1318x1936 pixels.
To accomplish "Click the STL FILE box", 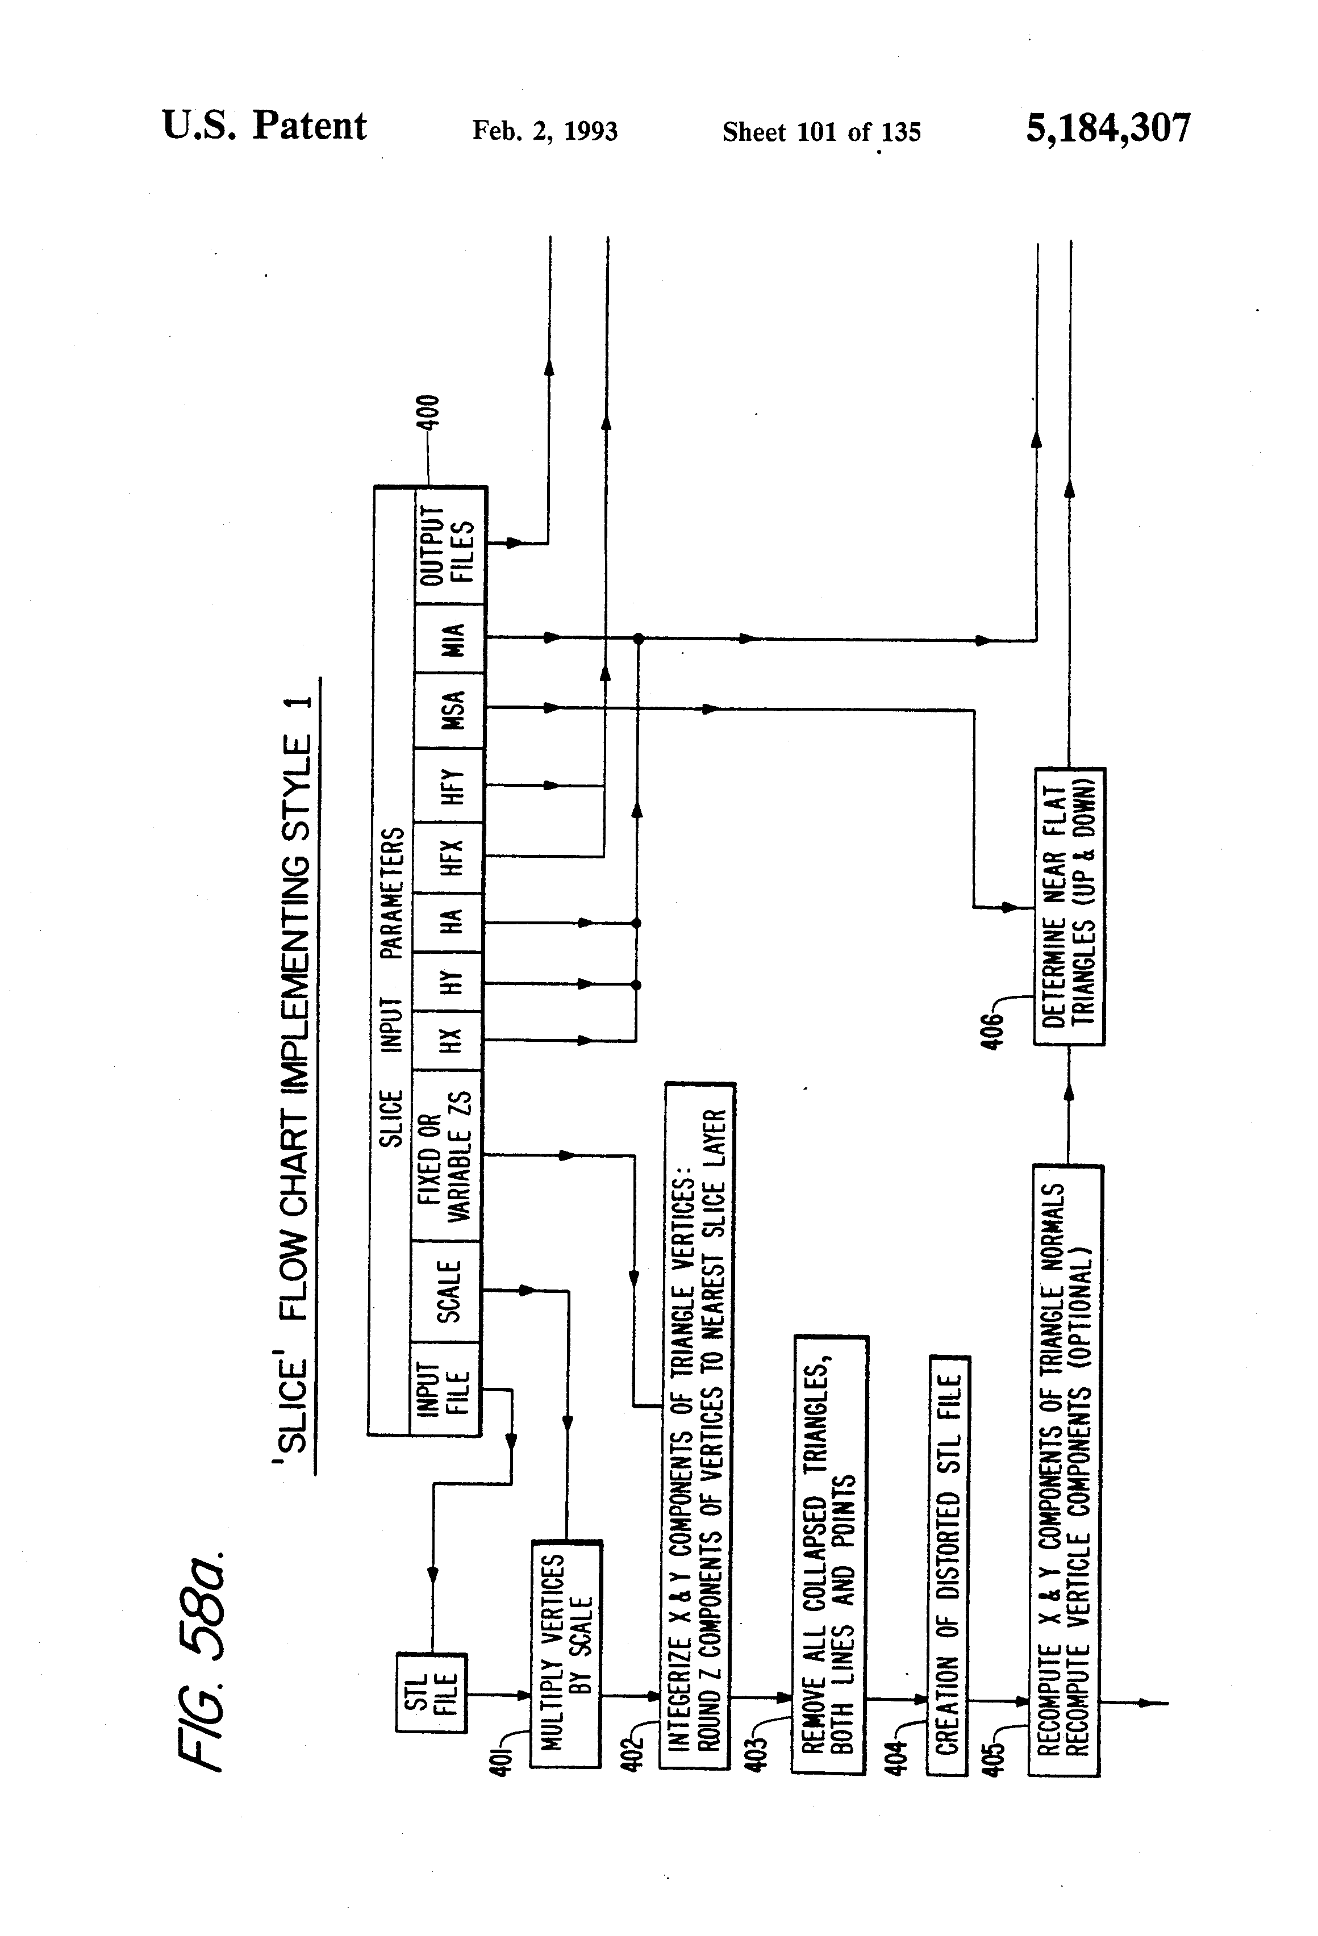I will click(x=431, y=1693).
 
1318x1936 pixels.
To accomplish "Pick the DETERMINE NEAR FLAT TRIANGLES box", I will click(x=1069, y=906).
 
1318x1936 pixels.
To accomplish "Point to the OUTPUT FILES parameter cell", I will click(x=449, y=545).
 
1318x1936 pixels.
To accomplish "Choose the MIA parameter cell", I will click(x=449, y=639).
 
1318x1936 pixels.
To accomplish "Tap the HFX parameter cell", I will click(x=449, y=856).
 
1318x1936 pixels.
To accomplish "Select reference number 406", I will click(x=991, y=1030).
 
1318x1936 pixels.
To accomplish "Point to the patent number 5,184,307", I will click(x=1107, y=128).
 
